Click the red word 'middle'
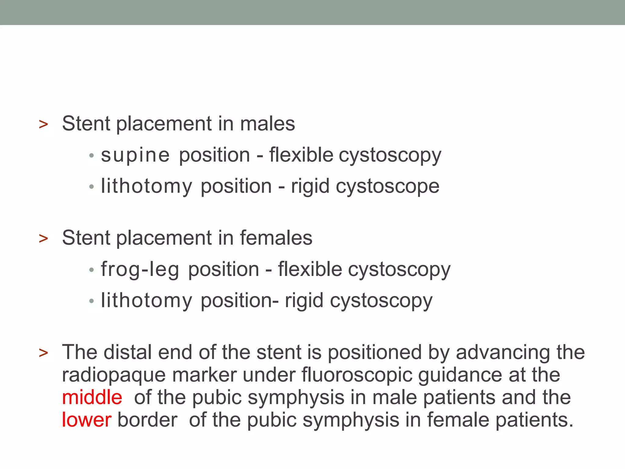[92, 397]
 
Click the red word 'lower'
[86, 420]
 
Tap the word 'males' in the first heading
[267, 124]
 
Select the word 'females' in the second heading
[276, 238]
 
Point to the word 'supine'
[135, 155]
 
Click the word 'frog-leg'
[140, 270]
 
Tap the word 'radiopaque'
[114, 375]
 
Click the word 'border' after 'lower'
[147, 420]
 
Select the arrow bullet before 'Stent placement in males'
[44, 124]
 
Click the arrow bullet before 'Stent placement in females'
[44, 238]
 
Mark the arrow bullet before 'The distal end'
[44, 353]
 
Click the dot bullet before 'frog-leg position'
[91, 270]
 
